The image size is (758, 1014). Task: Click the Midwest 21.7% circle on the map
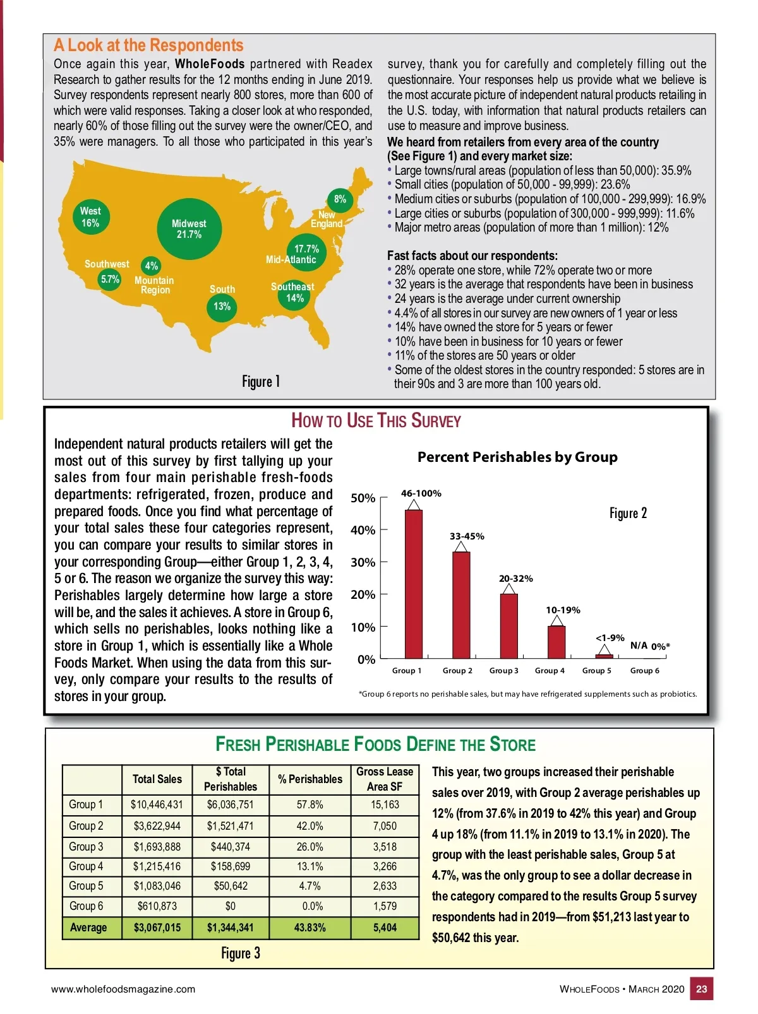tap(189, 229)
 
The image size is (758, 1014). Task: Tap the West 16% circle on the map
tap(90, 217)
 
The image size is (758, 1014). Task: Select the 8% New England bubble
tap(340, 199)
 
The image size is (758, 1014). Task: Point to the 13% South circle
tap(222, 307)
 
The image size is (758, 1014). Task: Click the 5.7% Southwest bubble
tap(110, 279)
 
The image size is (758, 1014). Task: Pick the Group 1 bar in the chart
tap(414, 584)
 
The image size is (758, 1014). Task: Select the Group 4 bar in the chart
tap(556, 642)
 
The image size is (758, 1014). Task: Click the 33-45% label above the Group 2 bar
tap(467, 536)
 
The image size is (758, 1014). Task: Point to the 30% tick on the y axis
tap(363, 562)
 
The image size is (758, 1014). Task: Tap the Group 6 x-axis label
tap(644, 671)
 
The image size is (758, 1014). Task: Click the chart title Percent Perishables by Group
tap(517, 457)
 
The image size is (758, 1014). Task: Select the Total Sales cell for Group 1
tap(157, 805)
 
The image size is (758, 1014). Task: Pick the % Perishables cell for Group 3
tap(310, 847)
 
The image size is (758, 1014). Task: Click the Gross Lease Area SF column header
tap(385, 779)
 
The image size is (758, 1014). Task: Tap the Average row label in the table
tap(88, 928)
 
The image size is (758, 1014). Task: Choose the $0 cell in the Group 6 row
tap(231, 906)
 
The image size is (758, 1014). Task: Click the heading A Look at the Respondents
tap(148, 45)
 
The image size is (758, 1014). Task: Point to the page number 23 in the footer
tap(701, 989)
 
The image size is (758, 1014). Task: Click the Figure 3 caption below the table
tap(240, 953)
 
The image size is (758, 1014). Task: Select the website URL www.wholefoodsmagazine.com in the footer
tap(123, 989)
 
